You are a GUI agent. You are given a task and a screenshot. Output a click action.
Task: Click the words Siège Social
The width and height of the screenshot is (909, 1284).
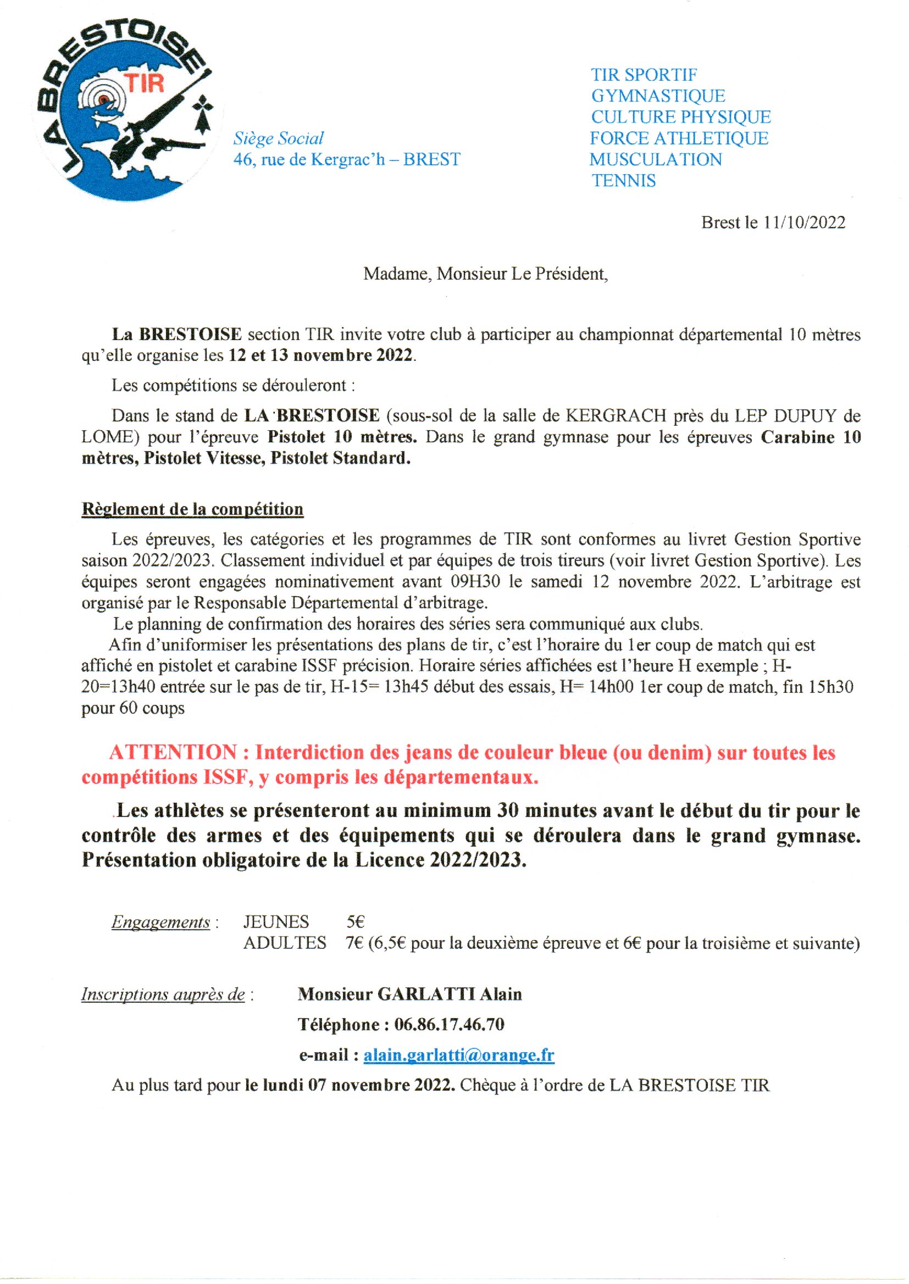tap(279, 138)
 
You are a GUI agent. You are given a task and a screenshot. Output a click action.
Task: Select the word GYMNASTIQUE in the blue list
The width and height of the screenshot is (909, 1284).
tap(658, 96)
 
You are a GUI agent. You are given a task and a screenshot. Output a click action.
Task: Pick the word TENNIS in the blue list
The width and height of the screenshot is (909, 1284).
tap(624, 181)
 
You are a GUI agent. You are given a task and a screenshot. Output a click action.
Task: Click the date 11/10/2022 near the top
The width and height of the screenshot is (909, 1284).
tap(804, 223)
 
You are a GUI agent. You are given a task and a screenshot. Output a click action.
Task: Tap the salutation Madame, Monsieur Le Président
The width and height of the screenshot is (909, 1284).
tap(485, 274)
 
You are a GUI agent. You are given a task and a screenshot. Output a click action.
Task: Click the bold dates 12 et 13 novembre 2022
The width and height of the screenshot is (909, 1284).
tap(322, 356)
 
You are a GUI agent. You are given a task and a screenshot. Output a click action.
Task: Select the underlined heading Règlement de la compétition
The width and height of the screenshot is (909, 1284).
tap(192, 509)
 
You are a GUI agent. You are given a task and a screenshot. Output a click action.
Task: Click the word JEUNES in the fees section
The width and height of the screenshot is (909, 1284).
tap(276, 921)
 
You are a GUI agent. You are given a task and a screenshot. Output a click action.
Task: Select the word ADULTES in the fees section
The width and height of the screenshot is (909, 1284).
tap(284, 943)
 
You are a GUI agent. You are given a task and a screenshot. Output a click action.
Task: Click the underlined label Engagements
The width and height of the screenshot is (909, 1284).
tap(160, 922)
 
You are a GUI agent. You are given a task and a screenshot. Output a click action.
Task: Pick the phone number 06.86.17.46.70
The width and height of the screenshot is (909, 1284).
tap(449, 1025)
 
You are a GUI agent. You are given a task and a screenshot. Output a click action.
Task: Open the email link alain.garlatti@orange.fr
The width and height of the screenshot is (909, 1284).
tap(458, 1055)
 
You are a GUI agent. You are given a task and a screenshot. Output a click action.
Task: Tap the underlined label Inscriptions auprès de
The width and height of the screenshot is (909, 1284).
tap(163, 995)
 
